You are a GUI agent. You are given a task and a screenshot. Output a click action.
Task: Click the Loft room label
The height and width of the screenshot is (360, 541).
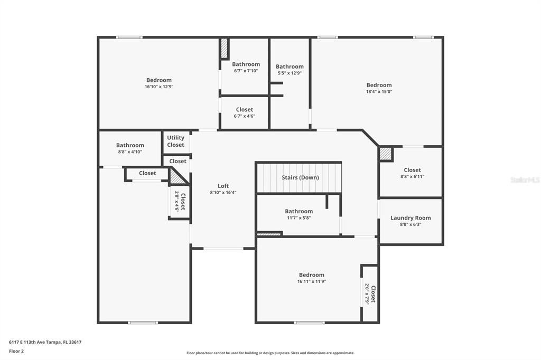223,186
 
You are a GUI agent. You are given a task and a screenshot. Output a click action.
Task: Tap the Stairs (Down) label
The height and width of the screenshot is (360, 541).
300,177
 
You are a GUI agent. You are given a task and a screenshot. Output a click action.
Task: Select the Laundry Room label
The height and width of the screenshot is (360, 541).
411,218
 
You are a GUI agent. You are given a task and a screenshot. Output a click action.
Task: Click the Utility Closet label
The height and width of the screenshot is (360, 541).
175,141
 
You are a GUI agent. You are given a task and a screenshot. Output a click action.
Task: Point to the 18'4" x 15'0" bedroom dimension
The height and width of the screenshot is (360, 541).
379,92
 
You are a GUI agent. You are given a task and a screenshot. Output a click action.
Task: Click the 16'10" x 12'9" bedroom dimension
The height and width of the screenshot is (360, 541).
158,87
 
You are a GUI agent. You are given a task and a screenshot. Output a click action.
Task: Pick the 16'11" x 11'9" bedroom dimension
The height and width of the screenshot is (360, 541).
312,281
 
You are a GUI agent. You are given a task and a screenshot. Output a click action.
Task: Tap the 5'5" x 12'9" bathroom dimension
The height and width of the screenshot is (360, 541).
290,73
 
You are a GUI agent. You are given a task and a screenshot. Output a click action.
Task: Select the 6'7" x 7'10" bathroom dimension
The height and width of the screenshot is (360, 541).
246,71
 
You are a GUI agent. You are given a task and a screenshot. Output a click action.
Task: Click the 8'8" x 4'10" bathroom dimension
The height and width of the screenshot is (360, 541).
130,151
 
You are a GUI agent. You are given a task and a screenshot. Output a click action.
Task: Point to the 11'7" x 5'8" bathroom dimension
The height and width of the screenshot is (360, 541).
299,218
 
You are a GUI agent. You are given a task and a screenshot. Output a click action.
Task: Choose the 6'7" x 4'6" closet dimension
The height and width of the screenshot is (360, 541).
245,116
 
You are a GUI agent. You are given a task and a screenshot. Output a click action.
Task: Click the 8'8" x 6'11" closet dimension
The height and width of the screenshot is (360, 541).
412,176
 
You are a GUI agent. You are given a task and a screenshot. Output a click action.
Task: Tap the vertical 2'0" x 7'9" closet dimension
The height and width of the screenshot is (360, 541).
367,294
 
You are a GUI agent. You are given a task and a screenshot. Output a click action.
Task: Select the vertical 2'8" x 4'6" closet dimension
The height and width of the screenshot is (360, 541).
177,202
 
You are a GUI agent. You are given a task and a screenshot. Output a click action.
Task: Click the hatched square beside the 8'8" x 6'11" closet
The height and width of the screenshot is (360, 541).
386,154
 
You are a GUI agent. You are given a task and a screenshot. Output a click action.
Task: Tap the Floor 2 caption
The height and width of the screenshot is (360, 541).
16,352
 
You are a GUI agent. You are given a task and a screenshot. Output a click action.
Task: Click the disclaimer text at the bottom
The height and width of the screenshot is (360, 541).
270,353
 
